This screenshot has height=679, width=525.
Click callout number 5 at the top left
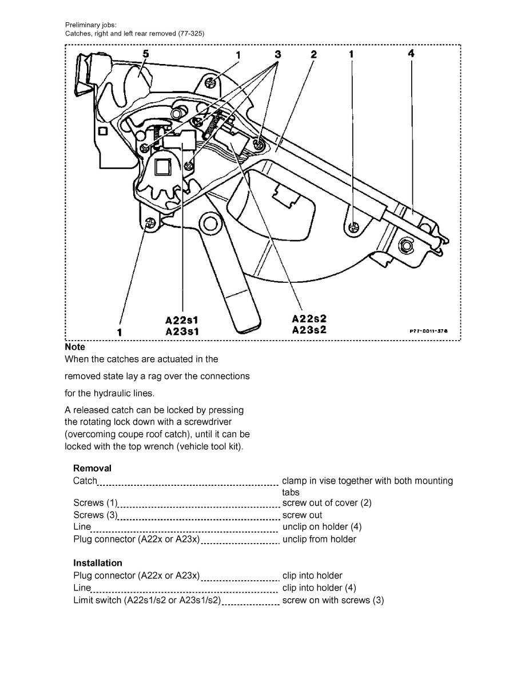point(146,54)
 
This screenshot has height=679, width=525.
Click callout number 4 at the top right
point(411,54)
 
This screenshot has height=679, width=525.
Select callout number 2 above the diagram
point(313,54)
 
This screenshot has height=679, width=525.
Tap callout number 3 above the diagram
point(278,54)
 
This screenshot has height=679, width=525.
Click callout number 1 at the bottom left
point(120,331)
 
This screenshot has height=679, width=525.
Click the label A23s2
point(309,330)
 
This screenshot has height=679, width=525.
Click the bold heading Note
point(75,347)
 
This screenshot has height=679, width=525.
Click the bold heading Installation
point(97,563)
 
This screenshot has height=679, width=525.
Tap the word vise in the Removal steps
point(333,481)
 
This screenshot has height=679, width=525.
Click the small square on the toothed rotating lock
point(161,167)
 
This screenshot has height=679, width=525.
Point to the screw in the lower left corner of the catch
point(150,224)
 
